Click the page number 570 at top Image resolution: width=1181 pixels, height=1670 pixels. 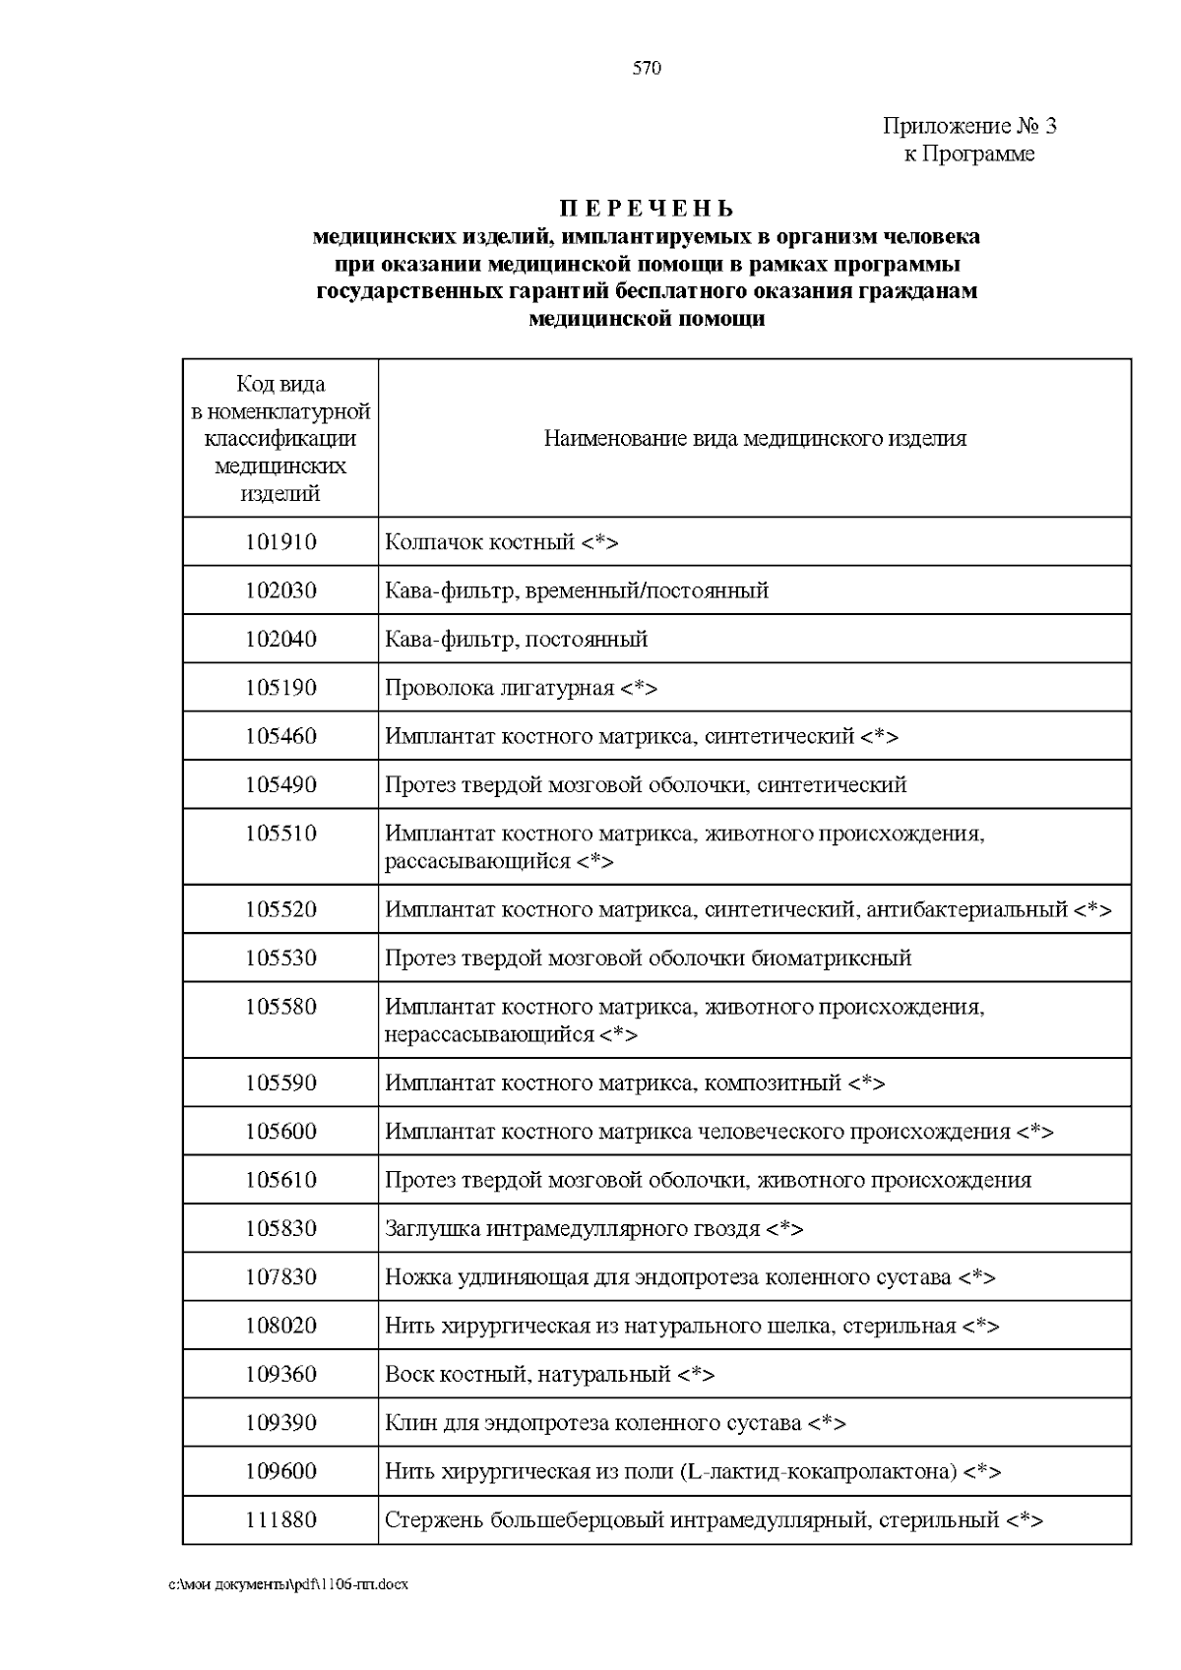(647, 68)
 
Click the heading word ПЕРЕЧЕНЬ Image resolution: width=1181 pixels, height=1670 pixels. (647, 210)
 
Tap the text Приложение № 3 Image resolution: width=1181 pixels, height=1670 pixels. (969, 126)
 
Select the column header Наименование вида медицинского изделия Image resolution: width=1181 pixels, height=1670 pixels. (755, 439)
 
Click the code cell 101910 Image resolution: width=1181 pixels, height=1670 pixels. (280, 542)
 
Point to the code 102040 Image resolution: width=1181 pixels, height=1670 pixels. (280, 640)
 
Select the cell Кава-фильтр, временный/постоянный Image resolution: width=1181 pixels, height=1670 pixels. (577, 591)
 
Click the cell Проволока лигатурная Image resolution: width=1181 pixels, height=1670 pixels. (521, 688)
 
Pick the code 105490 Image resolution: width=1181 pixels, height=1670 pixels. (280, 785)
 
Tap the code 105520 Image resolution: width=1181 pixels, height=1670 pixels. (280, 909)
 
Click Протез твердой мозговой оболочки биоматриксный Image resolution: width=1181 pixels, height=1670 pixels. (648, 959)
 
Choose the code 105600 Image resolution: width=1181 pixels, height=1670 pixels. (280, 1132)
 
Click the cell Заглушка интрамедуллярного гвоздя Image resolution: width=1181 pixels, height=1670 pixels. (593, 1229)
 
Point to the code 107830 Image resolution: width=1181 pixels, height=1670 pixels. (280, 1277)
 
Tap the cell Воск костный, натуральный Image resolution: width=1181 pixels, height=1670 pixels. (549, 1375)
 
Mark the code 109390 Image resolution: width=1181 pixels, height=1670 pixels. (280, 1423)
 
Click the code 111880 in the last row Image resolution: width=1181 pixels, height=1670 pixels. (280, 1520)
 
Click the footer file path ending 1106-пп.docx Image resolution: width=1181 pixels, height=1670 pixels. (287, 1585)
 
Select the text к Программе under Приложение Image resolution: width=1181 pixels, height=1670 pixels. (969, 155)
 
